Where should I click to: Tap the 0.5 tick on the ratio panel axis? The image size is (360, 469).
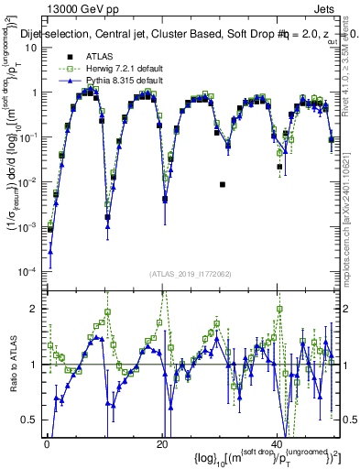[31, 420]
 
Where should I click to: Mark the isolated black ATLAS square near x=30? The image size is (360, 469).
[223, 184]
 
